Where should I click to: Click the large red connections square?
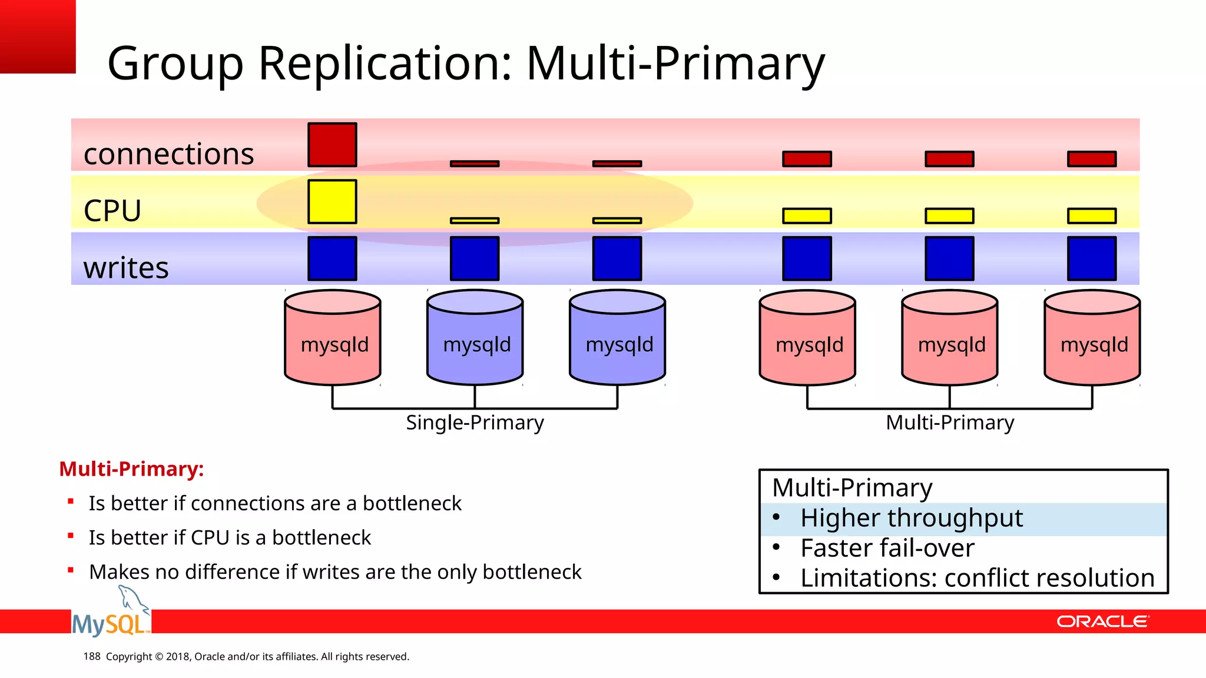(x=332, y=145)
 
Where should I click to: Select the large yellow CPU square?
(x=332, y=201)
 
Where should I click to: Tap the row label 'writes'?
(x=126, y=268)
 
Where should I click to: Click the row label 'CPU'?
(x=112, y=211)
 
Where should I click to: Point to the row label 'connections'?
(x=169, y=154)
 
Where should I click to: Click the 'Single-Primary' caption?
(x=475, y=423)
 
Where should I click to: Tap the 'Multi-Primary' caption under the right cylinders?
(x=950, y=423)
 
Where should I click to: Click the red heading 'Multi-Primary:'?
(x=131, y=469)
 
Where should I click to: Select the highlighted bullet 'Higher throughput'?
(x=911, y=519)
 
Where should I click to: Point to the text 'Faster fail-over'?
(x=887, y=549)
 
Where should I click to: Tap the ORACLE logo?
(x=1102, y=621)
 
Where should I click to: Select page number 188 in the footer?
(x=92, y=656)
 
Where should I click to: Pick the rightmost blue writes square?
(x=1092, y=258)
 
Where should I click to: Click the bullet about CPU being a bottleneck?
(x=230, y=538)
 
